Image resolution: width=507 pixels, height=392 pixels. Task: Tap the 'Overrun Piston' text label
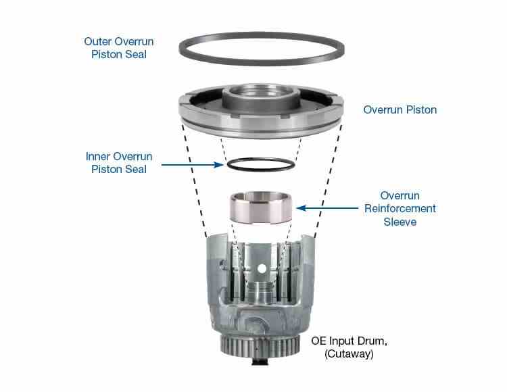pyautogui.click(x=400, y=109)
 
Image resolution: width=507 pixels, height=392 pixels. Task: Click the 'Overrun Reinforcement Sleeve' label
pyautogui.click(x=400, y=208)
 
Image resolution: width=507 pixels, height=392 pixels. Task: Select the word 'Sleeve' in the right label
pyautogui.click(x=400, y=221)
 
